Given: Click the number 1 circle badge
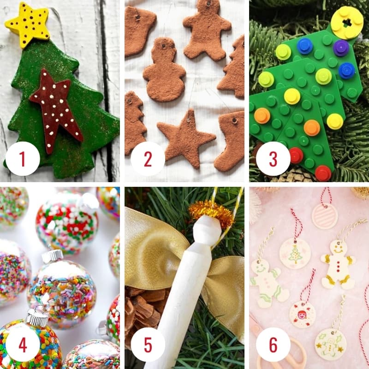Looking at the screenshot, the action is [23, 159].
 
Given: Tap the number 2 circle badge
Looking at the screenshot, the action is [148, 159].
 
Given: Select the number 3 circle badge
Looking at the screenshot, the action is [273, 159].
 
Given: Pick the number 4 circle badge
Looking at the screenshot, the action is [23, 345].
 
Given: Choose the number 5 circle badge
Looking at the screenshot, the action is [148, 345].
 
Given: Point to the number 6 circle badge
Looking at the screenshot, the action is [273, 345].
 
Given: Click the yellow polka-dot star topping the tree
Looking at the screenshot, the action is [28, 25].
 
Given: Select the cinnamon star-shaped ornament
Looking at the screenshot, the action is [186, 137].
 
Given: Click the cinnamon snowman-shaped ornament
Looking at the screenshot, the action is [164, 71].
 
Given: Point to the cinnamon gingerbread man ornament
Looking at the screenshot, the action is [206, 30].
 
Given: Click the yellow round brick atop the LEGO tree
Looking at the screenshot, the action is [347, 22].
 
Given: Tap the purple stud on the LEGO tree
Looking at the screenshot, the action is [341, 48].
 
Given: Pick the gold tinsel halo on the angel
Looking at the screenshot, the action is [212, 212].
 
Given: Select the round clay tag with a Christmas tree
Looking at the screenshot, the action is [295, 253].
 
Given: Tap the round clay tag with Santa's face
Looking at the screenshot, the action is [302, 315].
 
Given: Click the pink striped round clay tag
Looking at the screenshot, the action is [325, 216].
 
